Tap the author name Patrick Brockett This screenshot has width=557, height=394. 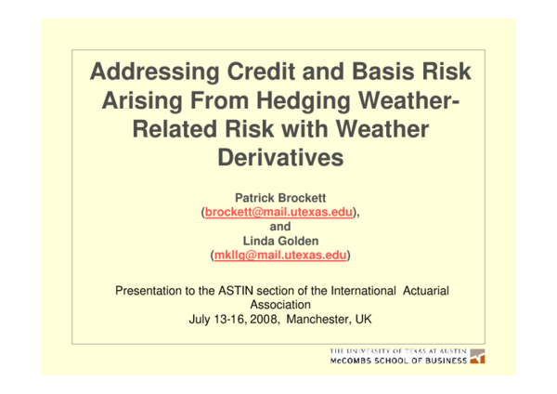tap(278, 198)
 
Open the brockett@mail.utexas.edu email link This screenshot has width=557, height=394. tap(278, 212)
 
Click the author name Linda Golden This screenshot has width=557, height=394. tap(278, 240)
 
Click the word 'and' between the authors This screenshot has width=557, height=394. tap(278, 226)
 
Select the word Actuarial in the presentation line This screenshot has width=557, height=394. tap(426, 290)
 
